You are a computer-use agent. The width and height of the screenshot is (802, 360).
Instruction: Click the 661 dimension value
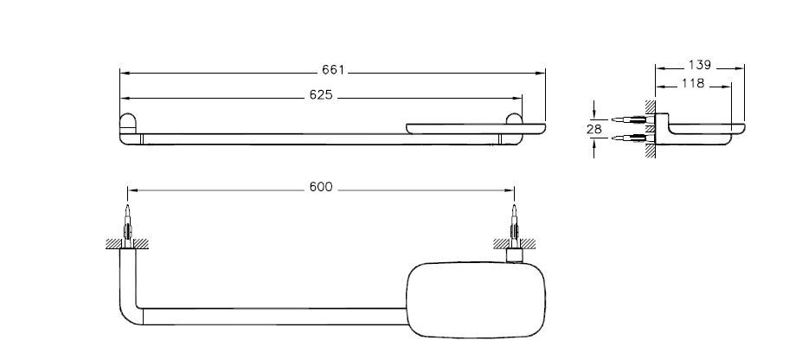[x=333, y=70]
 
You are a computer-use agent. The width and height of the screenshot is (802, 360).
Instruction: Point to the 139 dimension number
[x=699, y=65]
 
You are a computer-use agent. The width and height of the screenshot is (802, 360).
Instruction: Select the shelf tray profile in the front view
[x=476, y=129]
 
